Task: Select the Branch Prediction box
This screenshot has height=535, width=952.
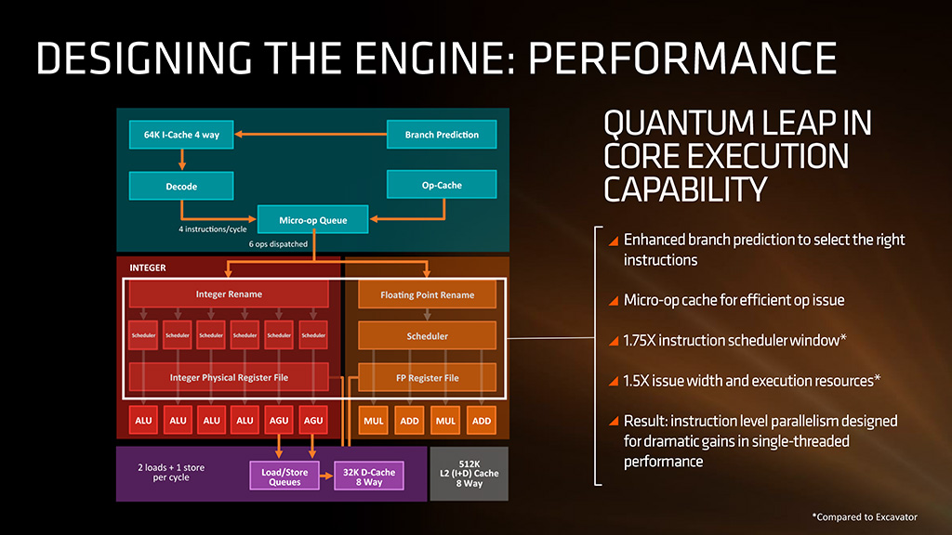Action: [x=442, y=135]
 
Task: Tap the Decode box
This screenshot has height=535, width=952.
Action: [x=181, y=186]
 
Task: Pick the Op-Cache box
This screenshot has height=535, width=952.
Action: [x=442, y=185]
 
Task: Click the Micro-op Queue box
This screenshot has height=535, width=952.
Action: [x=312, y=220]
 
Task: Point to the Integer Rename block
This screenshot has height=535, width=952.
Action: [x=229, y=294]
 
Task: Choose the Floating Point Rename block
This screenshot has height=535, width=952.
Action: [x=428, y=294]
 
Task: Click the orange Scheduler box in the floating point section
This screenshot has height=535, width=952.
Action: [x=428, y=335]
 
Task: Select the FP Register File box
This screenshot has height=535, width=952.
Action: [x=428, y=378]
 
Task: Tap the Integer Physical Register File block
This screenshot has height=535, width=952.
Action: [x=229, y=378]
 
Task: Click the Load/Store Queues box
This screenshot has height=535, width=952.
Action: [x=284, y=476]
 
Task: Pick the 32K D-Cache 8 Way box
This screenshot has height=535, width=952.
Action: [x=369, y=476]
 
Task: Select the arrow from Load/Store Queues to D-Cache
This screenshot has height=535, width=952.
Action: [x=326, y=476]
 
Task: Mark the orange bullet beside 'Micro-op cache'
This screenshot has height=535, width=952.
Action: [x=613, y=301]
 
